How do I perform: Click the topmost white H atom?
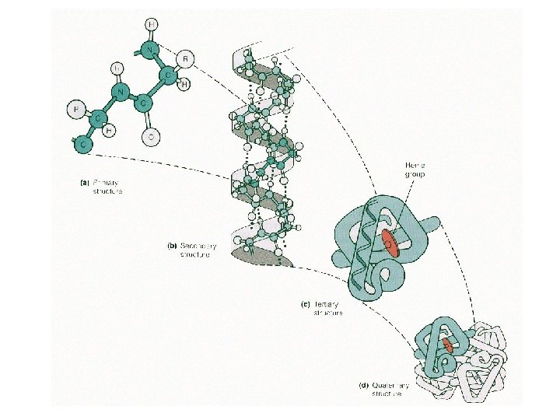point(152,24)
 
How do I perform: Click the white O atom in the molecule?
point(151,138)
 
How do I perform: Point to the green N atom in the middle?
point(121,93)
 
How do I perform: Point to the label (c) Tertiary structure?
point(323,309)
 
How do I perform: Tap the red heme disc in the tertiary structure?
point(390,243)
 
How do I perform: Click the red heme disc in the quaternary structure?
point(448,347)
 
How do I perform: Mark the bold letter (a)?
point(75,183)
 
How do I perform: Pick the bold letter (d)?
point(362,385)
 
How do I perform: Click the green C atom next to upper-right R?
point(167,75)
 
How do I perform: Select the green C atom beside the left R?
point(100,118)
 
